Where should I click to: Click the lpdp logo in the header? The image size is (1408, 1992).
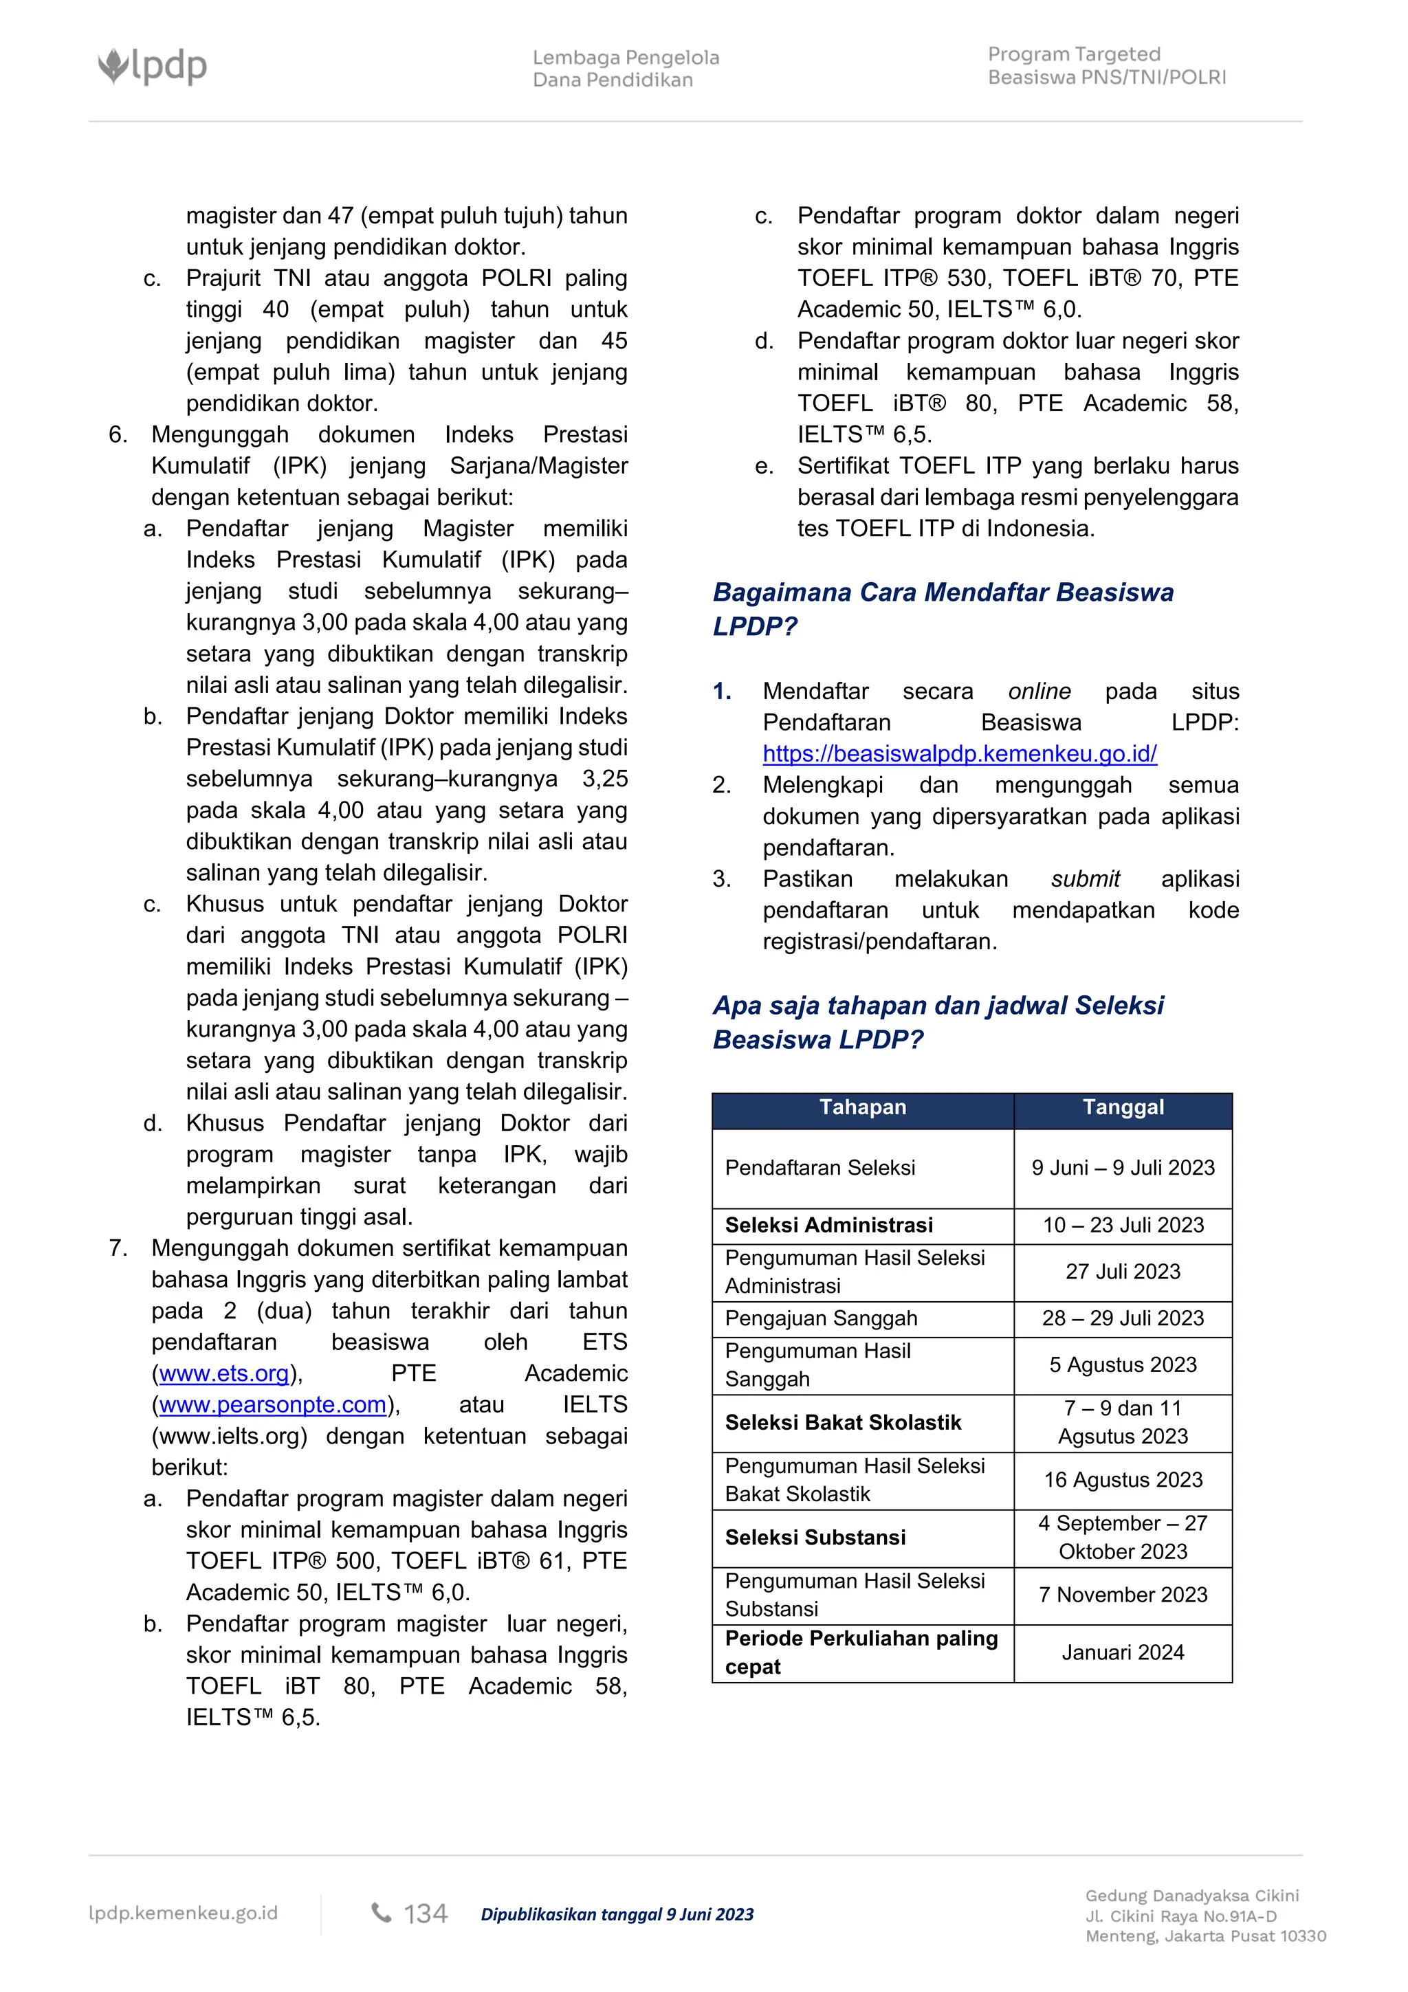pyautogui.click(x=153, y=66)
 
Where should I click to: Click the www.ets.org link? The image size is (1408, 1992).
pyautogui.click(x=224, y=1373)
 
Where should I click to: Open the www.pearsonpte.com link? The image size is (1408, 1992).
pyautogui.click(x=272, y=1404)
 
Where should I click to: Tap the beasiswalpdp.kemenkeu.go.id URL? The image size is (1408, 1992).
pyautogui.click(x=960, y=754)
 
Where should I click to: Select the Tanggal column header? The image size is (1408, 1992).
pyautogui.click(x=1123, y=1108)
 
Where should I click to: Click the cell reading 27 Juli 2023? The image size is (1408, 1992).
pyautogui.click(x=1123, y=1272)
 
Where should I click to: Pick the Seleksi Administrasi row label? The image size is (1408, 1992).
pyautogui.click(x=828, y=1225)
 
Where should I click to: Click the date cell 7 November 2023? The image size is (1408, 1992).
pyautogui.click(x=1123, y=1595)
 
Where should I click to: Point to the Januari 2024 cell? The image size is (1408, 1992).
pyautogui.click(x=1123, y=1652)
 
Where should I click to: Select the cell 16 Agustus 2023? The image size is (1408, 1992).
pyautogui.click(x=1123, y=1480)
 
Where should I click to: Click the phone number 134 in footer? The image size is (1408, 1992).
pyautogui.click(x=425, y=1914)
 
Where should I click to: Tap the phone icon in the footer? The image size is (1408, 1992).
pyautogui.click(x=381, y=1913)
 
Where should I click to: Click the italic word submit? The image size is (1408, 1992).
pyautogui.click(x=1086, y=879)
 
